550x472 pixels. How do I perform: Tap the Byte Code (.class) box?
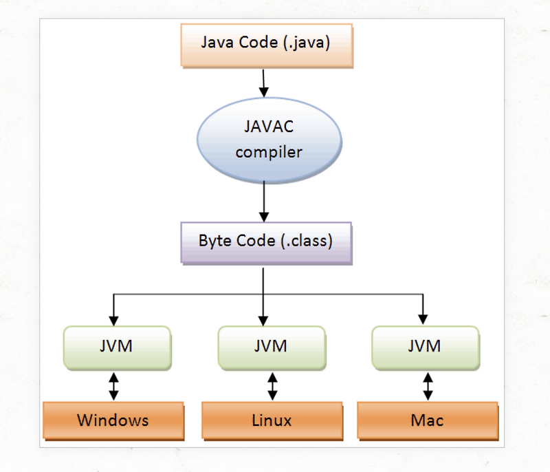tap(265, 242)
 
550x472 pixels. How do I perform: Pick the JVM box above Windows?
tap(116, 346)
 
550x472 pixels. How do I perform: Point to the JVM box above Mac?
tap(424, 346)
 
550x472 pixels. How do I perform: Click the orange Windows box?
tap(113, 420)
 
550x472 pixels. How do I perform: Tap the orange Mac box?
tap(427, 420)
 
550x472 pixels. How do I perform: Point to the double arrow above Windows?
tap(114, 386)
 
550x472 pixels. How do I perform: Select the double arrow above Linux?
tap(273, 386)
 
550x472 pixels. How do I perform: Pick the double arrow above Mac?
tap(428, 386)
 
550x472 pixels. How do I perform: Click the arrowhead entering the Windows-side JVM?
tap(114, 320)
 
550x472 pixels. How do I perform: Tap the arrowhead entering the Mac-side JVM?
tap(422, 320)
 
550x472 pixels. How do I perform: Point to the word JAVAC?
tap(268, 129)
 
